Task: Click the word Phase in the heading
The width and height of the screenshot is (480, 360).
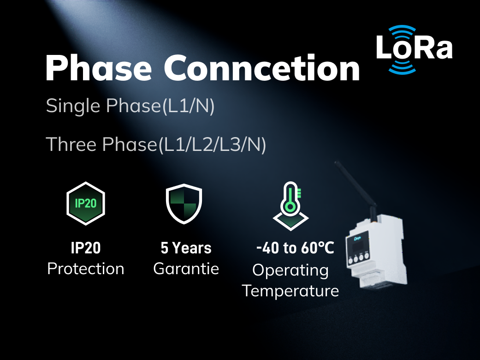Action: point(99,68)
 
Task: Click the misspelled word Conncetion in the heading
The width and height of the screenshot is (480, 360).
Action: point(262,68)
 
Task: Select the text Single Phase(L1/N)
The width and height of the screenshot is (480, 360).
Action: point(130,106)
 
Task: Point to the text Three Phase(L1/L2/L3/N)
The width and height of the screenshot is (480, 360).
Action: point(156,144)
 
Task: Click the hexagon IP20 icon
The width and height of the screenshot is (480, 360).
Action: point(86,204)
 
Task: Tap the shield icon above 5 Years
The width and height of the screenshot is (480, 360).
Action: point(184,204)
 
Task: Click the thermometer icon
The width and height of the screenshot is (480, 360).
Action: point(290,206)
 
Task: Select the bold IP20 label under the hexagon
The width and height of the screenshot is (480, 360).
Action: point(86,248)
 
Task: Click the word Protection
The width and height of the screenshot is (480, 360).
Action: point(86,269)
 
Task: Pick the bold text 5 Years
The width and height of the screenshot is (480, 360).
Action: point(186,248)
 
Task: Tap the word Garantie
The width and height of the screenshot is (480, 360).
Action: point(186,269)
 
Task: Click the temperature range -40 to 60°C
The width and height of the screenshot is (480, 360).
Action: point(295,248)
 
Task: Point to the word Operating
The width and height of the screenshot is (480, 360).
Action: point(290,270)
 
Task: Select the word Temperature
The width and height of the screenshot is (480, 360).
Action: point(290,290)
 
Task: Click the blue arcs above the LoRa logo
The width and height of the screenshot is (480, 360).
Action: point(402,30)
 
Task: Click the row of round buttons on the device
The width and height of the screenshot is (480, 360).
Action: point(358,258)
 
